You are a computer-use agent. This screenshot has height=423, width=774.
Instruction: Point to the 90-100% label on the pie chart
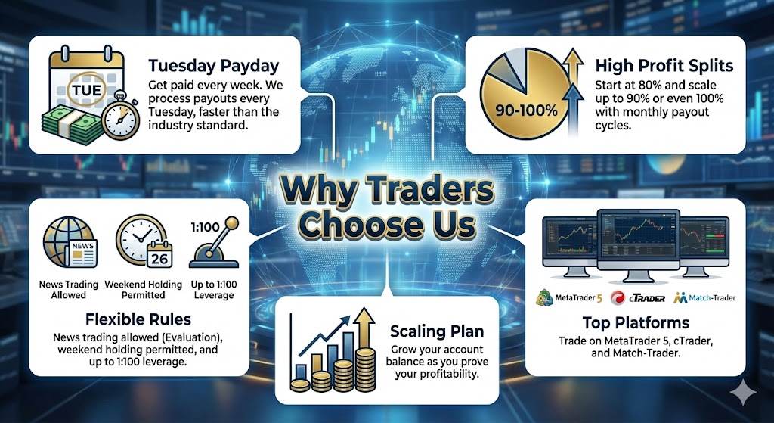click(x=526, y=110)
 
